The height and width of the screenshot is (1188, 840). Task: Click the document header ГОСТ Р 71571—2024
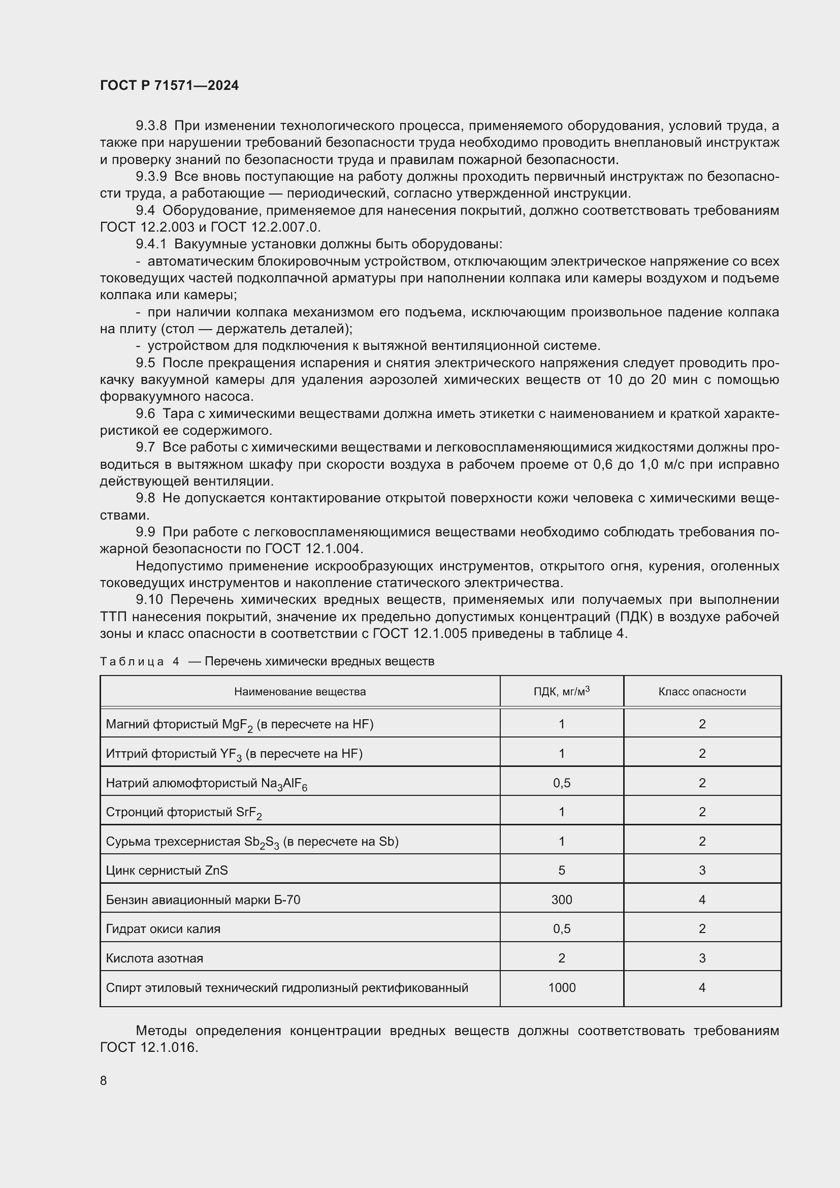pyautogui.click(x=169, y=85)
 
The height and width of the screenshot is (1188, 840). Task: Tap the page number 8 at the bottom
pyautogui.click(x=104, y=1080)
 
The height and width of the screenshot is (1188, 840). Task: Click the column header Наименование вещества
pyautogui.click(x=300, y=691)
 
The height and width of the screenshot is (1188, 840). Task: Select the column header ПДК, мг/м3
pyautogui.click(x=561, y=691)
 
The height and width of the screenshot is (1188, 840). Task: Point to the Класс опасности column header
pyautogui.click(x=702, y=691)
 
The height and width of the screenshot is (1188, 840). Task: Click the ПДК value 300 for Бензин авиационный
pyautogui.click(x=561, y=900)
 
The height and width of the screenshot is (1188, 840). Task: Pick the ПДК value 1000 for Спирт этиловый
pyautogui.click(x=561, y=987)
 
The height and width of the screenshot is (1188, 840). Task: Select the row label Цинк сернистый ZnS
pyautogui.click(x=167, y=871)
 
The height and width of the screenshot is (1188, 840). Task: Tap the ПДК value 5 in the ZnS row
pyautogui.click(x=561, y=871)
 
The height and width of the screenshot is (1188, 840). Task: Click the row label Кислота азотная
pyautogui.click(x=154, y=958)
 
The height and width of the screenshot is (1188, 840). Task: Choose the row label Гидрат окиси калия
pyautogui.click(x=163, y=929)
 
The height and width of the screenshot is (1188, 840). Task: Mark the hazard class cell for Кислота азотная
pyautogui.click(x=702, y=958)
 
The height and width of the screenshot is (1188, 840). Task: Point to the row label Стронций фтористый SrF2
pyautogui.click(x=184, y=812)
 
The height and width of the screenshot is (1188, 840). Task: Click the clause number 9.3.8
pyautogui.click(x=151, y=126)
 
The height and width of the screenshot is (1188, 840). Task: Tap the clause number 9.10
pyautogui.click(x=149, y=600)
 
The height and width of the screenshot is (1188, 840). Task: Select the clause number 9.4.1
pyautogui.click(x=151, y=244)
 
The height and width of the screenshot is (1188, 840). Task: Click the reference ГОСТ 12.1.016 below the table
pyautogui.click(x=148, y=1048)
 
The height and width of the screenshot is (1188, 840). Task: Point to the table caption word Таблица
pyautogui.click(x=132, y=662)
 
